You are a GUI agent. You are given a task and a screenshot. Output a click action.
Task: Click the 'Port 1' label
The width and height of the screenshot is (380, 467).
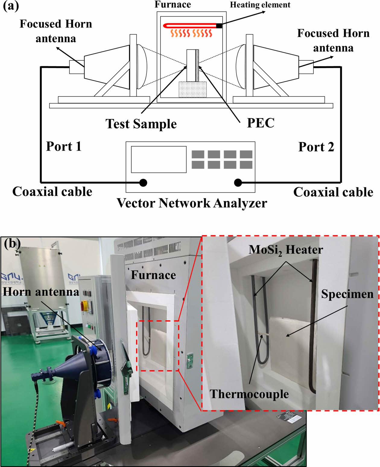[x=64, y=147]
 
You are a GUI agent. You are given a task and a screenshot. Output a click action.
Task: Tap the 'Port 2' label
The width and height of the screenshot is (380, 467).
[x=316, y=147]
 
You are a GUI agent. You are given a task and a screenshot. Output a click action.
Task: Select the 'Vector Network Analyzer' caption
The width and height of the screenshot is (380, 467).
[x=192, y=203]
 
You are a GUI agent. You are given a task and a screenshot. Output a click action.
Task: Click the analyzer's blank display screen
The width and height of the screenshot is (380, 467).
[x=159, y=159]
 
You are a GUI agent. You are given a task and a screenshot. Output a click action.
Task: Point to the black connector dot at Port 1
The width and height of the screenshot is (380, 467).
[x=143, y=183]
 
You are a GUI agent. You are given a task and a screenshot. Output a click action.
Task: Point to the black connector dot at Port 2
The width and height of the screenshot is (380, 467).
[x=238, y=183]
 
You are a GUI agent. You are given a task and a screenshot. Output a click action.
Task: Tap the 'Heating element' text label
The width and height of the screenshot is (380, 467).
[x=260, y=5]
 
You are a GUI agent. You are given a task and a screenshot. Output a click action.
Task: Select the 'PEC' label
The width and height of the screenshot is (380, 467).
[x=261, y=123]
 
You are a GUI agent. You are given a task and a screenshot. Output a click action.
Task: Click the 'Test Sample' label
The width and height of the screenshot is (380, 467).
[x=141, y=124]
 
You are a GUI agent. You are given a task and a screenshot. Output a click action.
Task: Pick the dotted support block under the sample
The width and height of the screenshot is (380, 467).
[x=192, y=89]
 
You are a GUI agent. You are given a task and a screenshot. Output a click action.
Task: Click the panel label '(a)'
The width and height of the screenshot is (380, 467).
[x=11, y=6]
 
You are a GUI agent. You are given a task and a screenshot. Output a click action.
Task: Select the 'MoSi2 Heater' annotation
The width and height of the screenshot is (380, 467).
[x=286, y=250]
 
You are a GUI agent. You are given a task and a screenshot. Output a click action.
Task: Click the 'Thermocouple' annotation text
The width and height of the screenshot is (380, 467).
[x=249, y=394]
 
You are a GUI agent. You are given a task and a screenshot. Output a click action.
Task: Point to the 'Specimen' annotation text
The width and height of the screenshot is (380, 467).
[x=347, y=294]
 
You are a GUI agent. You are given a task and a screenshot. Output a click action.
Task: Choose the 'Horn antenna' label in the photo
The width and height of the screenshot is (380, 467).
[x=41, y=292]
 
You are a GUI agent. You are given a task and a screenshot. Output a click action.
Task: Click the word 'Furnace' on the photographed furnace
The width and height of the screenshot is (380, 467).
[x=153, y=275]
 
